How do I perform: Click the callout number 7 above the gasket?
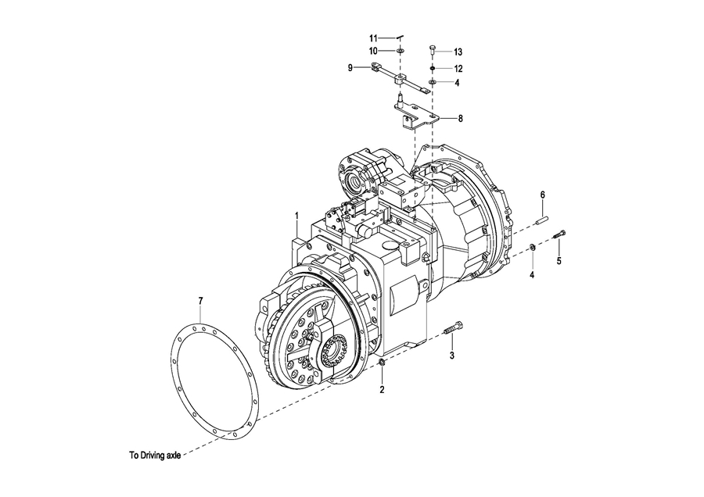[201, 302]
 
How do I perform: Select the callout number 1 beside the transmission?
[296, 216]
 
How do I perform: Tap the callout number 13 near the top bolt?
[458, 52]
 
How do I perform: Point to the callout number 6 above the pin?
[542, 195]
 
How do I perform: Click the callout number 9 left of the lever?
[350, 68]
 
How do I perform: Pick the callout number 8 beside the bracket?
[460, 119]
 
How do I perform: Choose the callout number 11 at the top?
[374, 38]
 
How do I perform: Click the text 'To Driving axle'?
[156, 456]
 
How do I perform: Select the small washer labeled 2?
[382, 362]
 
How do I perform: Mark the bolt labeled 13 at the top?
[433, 50]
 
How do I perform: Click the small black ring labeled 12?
[433, 68]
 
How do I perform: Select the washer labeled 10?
[400, 51]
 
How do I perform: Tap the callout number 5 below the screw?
[559, 260]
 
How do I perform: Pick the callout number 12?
[458, 69]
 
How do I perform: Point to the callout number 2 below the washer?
[382, 390]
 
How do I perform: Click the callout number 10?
[374, 51]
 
